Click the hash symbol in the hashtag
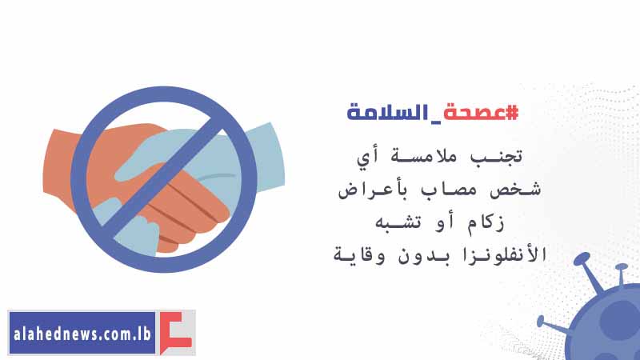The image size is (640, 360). tap(512, 112)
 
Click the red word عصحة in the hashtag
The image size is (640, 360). tap(474, 113)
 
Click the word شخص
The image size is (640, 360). tap(515, 190)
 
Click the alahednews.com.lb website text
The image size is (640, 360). tap(82, 334)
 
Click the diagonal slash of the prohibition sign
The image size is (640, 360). tap(164, 179)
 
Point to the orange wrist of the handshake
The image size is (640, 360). tap(62, 167)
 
